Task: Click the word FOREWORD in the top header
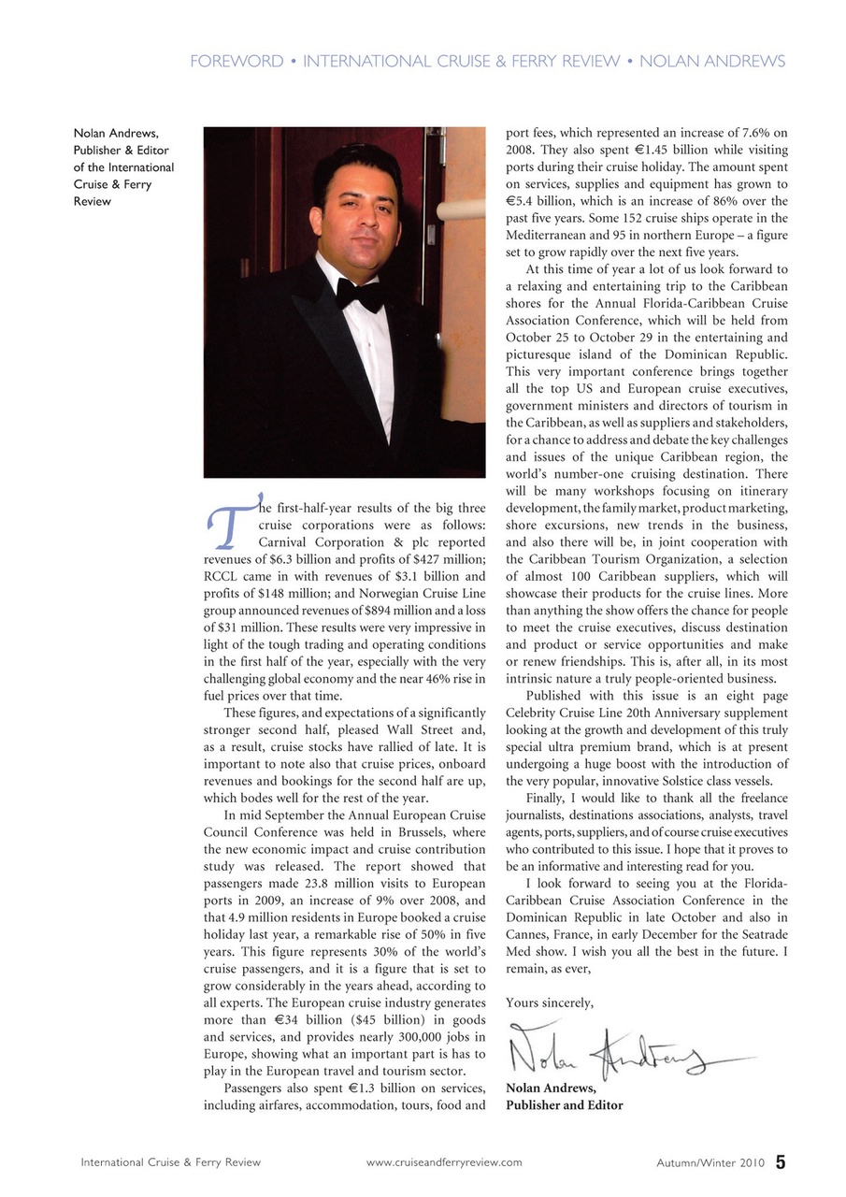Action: coord(236,62)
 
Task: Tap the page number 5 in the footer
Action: coord(780,1162)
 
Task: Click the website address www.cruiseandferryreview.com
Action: coord(444,1162)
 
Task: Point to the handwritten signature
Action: coord(617,1052)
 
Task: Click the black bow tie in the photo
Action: coord(359,293)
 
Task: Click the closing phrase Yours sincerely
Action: coord(549,1002)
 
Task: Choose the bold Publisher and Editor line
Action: coord(564,1104)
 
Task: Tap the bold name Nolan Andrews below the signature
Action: coord(551,1088)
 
